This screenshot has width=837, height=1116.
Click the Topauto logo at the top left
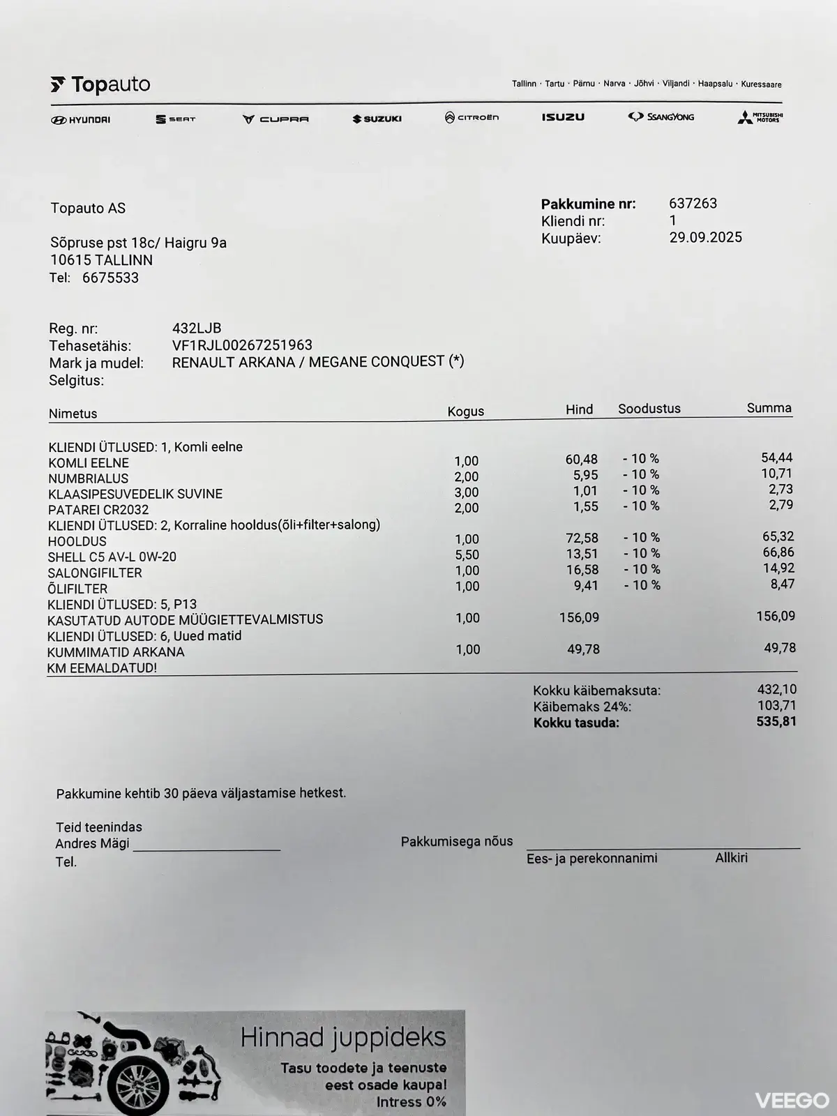coord(100,85)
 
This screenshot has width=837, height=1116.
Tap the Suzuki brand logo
coord(377,119)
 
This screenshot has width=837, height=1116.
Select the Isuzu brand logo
coord(563,117)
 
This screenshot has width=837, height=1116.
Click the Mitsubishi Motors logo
coord(760,118)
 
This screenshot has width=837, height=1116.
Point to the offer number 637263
coord(693,204)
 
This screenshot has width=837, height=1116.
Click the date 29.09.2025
coord(705,237)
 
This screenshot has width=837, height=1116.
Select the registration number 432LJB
coord(197,329)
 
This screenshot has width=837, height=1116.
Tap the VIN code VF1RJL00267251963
coord(242,345)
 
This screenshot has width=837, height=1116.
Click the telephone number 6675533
coord(110,278)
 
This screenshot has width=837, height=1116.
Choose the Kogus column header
coord(465,411)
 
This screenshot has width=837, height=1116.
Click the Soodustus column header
coord(649,409)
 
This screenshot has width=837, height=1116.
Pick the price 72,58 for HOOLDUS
coord(581,538)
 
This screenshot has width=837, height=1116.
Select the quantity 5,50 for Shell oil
coord(467,555)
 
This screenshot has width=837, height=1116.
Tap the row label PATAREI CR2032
coord(98,510)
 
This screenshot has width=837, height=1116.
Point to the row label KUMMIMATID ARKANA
coord(116,652)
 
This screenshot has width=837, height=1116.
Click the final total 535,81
coord(776,721)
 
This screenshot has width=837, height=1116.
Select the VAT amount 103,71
coord(776,705)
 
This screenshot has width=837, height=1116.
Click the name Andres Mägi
coord(92,844)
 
